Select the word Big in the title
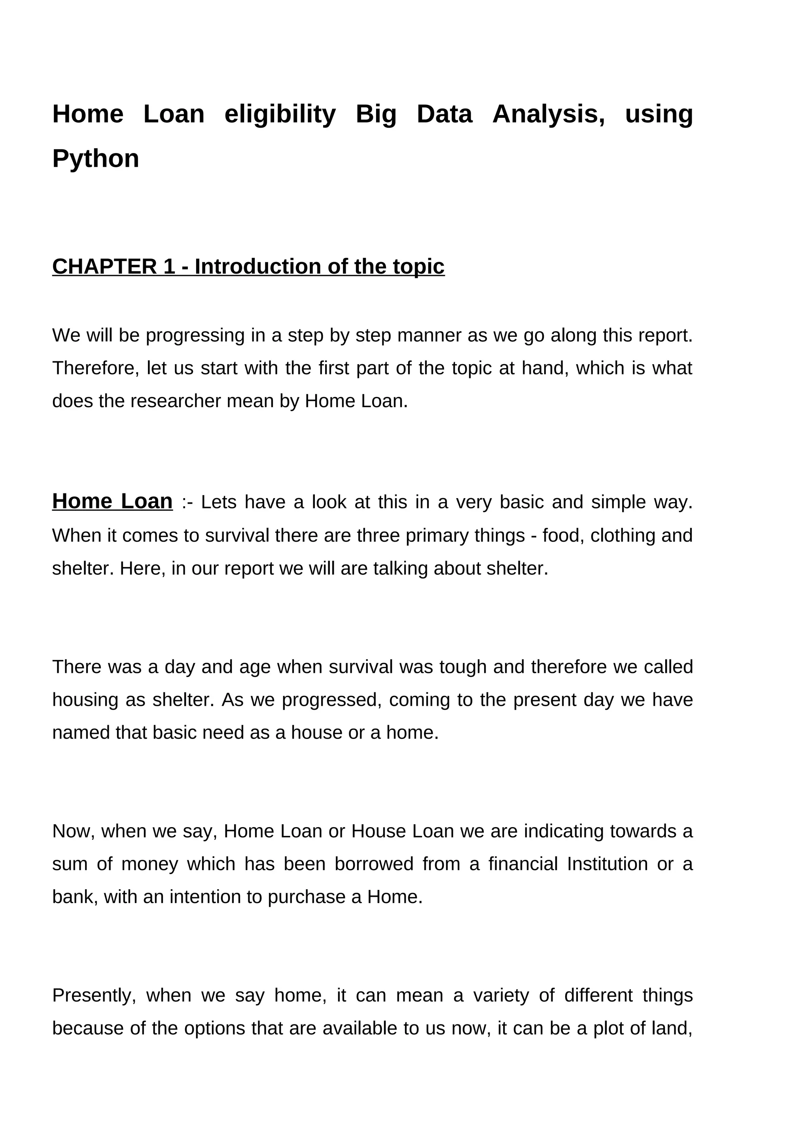(376, 114)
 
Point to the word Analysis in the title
(548, 114)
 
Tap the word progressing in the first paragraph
(195, 336)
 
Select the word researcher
(176, 401)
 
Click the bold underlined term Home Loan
(112, 501)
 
